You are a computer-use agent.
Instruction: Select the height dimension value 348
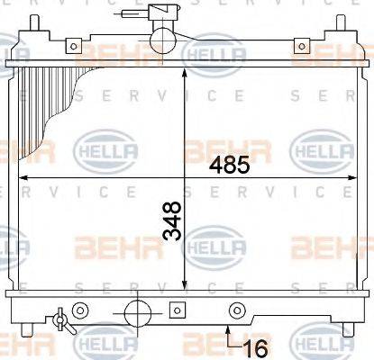click(x=171, y=221)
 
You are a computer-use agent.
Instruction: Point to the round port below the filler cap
click(x=162, y=39)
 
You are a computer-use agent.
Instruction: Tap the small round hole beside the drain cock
click(x=80, y=312)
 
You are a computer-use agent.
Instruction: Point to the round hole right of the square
click(x=237, y=312)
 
